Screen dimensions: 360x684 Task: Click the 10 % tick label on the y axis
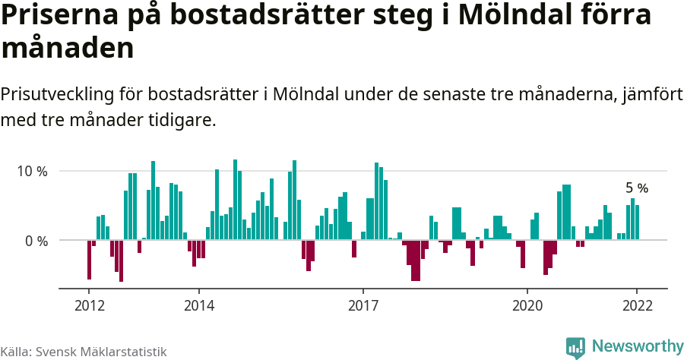[x=32, y=171]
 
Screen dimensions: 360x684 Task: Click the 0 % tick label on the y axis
[x=36, y=241]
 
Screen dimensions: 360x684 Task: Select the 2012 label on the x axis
[x=89, y=305]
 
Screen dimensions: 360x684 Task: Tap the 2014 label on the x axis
[x=198, y=305]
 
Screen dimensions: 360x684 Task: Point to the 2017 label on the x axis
[x=363, y=305]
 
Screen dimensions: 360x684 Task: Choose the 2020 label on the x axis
[x=527, y=305]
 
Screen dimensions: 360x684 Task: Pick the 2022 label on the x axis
[x=637, y=305]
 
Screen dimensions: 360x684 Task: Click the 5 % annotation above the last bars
[x=636, y=188]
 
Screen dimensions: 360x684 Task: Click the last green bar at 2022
[x=637, y=223]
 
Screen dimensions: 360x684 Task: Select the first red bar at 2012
[x=89, y=260]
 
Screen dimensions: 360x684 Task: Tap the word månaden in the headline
[x=68, y=49]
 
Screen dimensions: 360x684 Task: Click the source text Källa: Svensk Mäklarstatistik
[x=84, y=352]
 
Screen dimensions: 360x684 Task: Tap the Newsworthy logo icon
[x=575, y=347]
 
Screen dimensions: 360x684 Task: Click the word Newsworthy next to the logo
[x=637, y=346]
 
